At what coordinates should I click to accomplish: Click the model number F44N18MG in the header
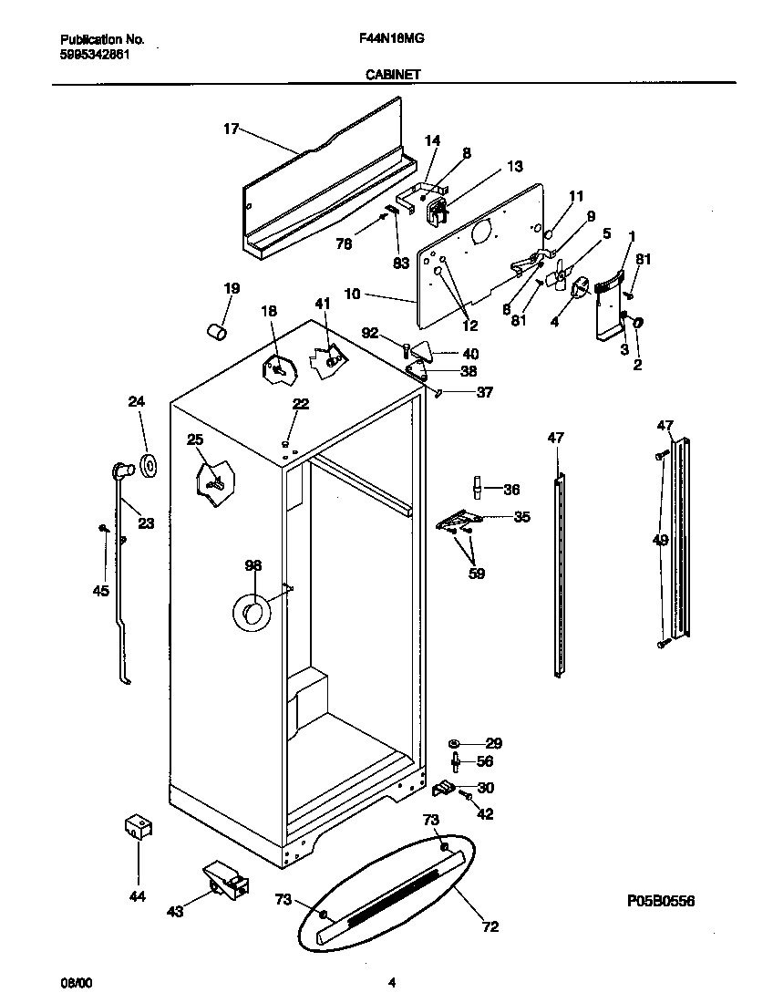(387, 40)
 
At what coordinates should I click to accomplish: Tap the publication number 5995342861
(94, 54)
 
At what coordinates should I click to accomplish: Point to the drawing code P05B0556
(661, 901)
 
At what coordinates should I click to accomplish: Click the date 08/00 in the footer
(76, 982)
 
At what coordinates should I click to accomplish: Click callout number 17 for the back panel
(231, 129)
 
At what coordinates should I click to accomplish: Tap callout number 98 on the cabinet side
(253, 565)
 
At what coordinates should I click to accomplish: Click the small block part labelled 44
(137, 826)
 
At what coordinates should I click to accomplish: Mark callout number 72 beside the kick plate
(490, 927)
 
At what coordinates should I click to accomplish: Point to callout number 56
(485, 761)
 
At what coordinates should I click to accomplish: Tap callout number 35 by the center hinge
(521, 517)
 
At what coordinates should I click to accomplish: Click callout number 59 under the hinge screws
(476, 574)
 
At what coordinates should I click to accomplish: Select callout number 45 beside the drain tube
(100, 591)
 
